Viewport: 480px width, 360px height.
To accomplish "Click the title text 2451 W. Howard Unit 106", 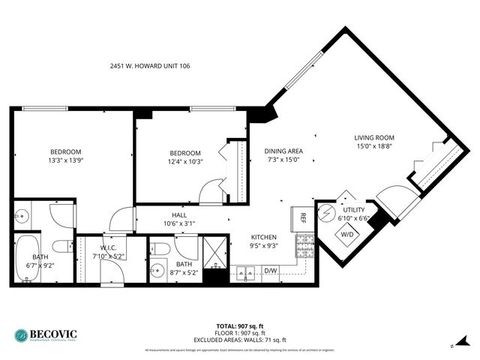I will tap(150, 66).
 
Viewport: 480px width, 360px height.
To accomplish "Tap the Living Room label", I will tap(374, 137).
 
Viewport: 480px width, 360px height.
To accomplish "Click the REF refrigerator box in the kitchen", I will tap(303, 218).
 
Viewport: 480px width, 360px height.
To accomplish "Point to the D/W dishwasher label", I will tap(270, 271).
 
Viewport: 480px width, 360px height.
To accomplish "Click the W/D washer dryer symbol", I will tap(347, 234).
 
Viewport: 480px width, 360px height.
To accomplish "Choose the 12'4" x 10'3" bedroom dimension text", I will tap(185, 160).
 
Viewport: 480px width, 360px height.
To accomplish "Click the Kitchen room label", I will tap(264, 237).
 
